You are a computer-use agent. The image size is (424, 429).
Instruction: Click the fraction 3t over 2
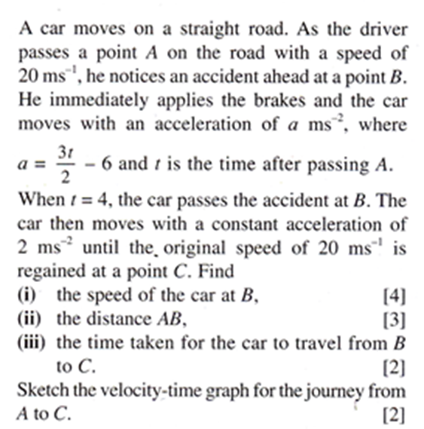pos(63,164)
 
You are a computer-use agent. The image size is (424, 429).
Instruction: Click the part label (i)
pos(26,296)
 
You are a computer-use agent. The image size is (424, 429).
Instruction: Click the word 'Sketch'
pos(38,391)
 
